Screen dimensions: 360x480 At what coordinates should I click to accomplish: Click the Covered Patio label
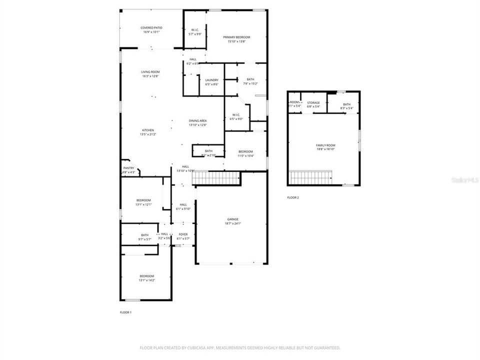tap(151, 28)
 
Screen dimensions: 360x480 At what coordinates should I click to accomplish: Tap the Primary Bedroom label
tap(236, 37)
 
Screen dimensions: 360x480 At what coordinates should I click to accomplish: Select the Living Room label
tap(150, 72)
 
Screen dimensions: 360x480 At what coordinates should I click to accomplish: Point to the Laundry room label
tap(211, 80)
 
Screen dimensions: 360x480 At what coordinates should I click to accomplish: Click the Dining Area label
tap(197, 120)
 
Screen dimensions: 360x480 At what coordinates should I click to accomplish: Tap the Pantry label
tap(128, 168)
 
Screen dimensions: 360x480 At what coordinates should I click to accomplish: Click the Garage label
tap(232, 219)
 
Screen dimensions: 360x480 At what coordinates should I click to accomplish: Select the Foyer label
tap(183, 234)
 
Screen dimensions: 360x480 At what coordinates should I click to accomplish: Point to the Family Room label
tap(325, 145)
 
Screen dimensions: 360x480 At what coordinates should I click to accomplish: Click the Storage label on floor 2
tap(313, 102)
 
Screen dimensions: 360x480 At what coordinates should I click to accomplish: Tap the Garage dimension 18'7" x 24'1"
tap(232, 223)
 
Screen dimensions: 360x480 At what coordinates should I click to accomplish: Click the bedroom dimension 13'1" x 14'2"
tap(146, 280)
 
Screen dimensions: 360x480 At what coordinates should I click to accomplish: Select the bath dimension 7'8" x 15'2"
tap(250, 84)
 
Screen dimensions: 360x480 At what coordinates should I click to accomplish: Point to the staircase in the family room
tap(310, 177)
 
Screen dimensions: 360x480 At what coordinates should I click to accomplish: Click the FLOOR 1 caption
tap(125, 312)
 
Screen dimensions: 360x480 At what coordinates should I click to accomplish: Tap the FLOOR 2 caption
tap(293, 198)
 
